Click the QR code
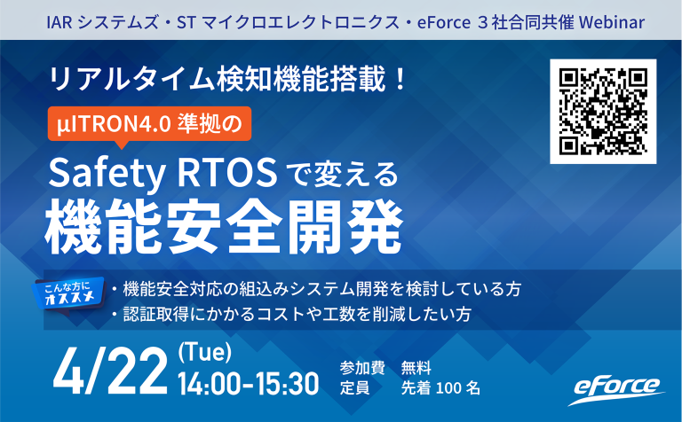(603, 111)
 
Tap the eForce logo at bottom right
(615, 388)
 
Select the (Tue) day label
(205, 352)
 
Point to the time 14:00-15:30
(248, 384)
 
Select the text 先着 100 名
(440, 387)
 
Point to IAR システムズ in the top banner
(91, 20)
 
